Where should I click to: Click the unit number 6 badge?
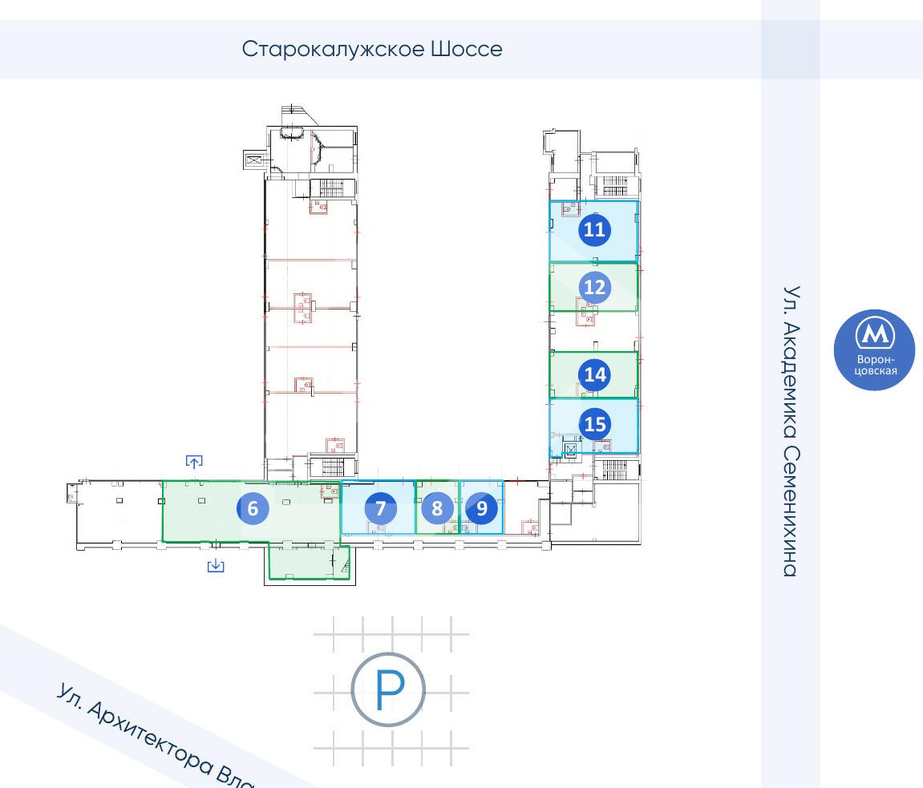click(x=253, y=508)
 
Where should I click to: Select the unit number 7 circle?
click(x=380, y=508)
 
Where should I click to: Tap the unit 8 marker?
click(x=437, y=508)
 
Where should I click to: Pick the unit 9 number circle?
click(x=481, y=508)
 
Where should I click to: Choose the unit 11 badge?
click(x=594, y=229)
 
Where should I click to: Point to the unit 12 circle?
click(x=594, y=287)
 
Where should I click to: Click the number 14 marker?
click(x=594, y=375)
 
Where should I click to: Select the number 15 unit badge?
click(x=594, y=424)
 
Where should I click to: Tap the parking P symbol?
click(x=388, y=689)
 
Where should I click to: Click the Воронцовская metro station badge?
click(x=875, y=350)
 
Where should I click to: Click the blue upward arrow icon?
click(x=194, y=462)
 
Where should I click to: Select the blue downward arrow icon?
click(x=216, y=565)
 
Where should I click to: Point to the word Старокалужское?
click(x=333, y=49)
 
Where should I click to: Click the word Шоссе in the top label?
click(x=467, y=49)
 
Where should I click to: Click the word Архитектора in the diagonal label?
click(x=149, y=733)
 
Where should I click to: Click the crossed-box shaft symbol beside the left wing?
click(x=253, y=160)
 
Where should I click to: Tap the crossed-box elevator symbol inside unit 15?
click(x=570, y=449)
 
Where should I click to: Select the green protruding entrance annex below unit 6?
click(x=309, y=563)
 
